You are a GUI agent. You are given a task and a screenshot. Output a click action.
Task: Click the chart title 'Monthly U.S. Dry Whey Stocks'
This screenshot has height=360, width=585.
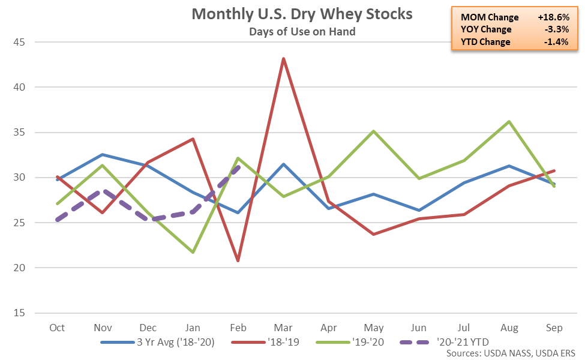(302, 14)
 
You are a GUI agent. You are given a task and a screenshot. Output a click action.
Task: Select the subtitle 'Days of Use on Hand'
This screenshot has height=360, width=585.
(302, 31)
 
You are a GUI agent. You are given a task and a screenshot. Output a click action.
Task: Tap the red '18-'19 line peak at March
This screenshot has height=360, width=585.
(283, 59)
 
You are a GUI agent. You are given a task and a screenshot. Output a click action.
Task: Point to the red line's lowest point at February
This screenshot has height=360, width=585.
(238, 260)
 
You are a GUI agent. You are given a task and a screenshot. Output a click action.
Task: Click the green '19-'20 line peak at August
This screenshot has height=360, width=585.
(509, 122)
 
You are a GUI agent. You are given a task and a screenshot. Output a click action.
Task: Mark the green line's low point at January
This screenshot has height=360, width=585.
(193, 252)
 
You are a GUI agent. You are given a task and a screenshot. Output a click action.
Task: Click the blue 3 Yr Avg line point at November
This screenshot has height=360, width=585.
(103, 155)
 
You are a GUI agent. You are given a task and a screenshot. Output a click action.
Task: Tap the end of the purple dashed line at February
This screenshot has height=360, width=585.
(238, 167)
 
